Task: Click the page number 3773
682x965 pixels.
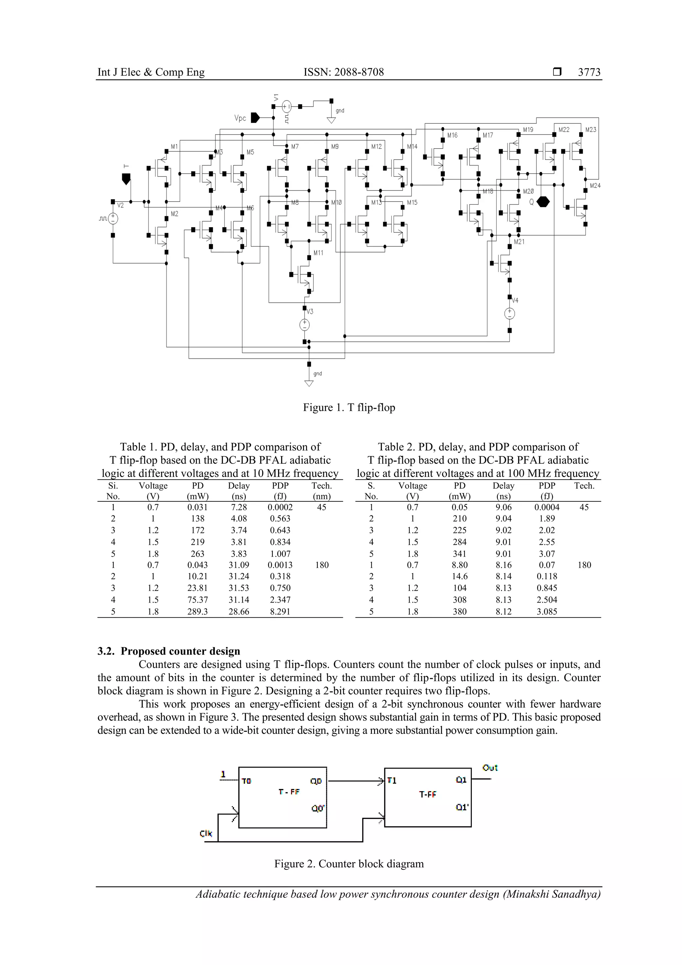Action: click(x=589, y=72)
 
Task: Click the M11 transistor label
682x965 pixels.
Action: click(x=318, y=253)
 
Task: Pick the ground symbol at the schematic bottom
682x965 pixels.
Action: click(x=309, y=382)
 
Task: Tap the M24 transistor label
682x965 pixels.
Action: click(x=595, y=185)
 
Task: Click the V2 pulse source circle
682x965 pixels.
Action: click(x=113, y=219)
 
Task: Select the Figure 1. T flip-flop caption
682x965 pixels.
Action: click(x=349, y=407)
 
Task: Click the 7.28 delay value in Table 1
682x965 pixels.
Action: click(x=239, y=507)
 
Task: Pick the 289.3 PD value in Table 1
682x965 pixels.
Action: click(x=197, y=612)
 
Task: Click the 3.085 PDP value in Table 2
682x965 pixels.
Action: click(x=547, y=612)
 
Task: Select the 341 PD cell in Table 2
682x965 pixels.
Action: click(x=460, y=554)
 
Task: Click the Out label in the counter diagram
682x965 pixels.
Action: click(x=490, y=768)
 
